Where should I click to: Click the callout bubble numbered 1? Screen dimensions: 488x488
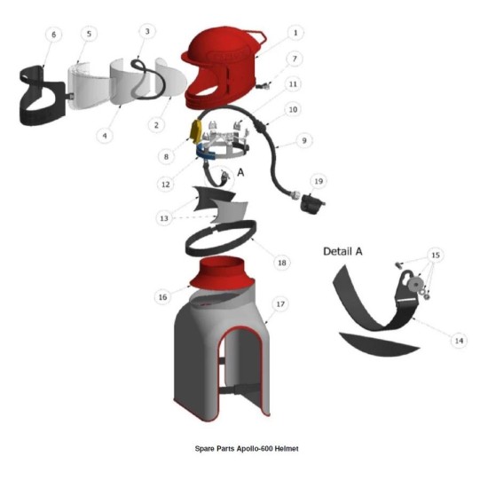coord(295,33)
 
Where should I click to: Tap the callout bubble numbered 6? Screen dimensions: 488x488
coord(53,35)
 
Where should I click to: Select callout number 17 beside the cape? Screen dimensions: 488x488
coord(280,303)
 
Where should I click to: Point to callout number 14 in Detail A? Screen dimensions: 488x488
coord(459,341)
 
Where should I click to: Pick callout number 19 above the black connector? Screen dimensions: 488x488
coord(319,181)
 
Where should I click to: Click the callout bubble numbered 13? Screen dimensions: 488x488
coord(164,218)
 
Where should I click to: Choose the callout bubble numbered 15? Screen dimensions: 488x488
coord(436,256)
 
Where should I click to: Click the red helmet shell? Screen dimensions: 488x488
coord(223,68)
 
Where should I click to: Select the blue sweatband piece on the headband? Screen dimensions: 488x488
coord(206,153)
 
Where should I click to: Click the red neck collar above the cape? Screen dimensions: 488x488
coord(222,272)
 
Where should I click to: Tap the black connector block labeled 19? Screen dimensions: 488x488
coord(311,203)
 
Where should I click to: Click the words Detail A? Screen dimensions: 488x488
coord(342,251)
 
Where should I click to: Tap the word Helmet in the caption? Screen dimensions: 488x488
coord(287,448)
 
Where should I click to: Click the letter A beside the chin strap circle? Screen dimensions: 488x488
coord(240,172)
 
